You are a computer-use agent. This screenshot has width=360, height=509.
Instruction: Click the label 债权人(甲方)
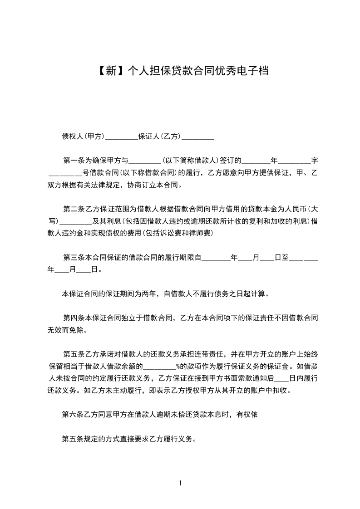point(83,136)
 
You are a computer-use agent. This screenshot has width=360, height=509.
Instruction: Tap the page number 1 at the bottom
point(180,483)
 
